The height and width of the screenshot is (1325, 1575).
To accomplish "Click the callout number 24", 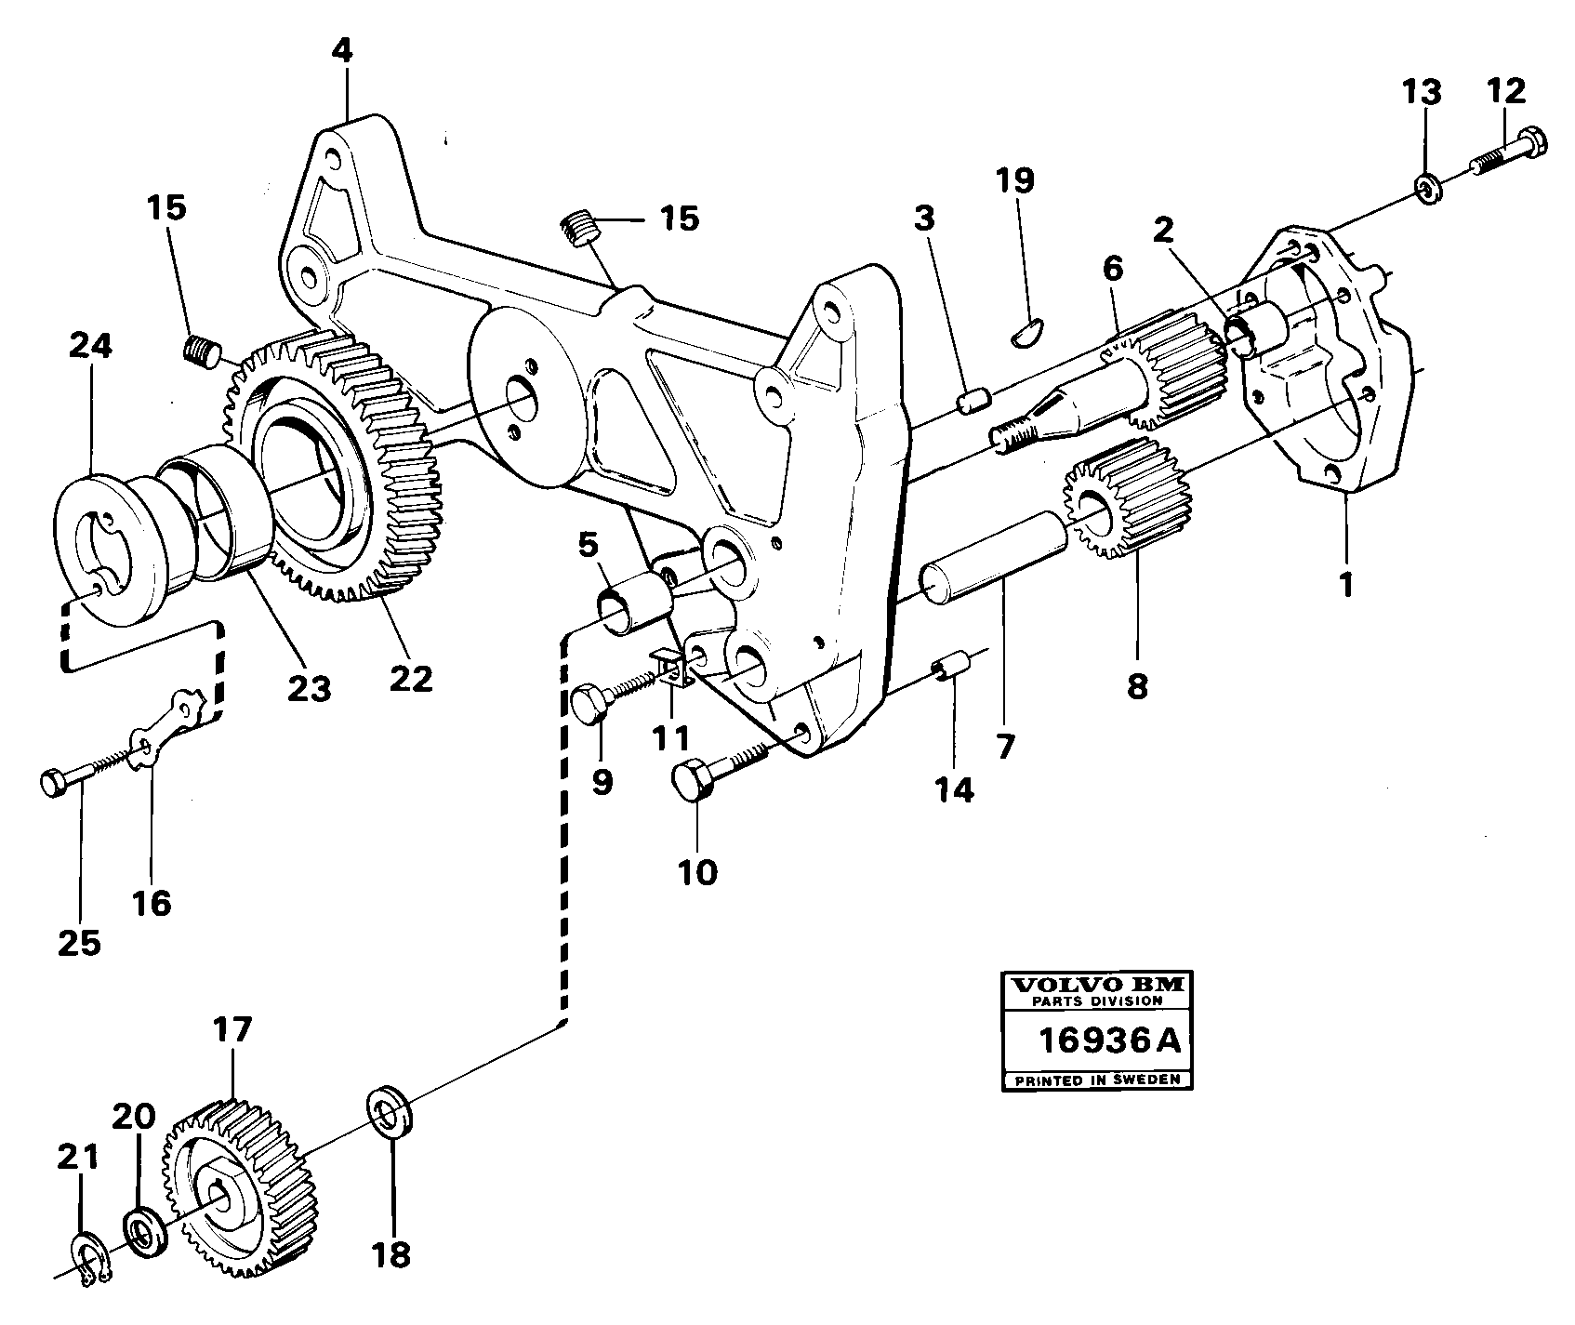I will pos(91,346).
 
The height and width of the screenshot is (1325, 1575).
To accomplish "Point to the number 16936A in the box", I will pos(1108,1040).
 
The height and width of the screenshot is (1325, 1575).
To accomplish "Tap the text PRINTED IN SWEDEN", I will pos(1097,1080).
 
